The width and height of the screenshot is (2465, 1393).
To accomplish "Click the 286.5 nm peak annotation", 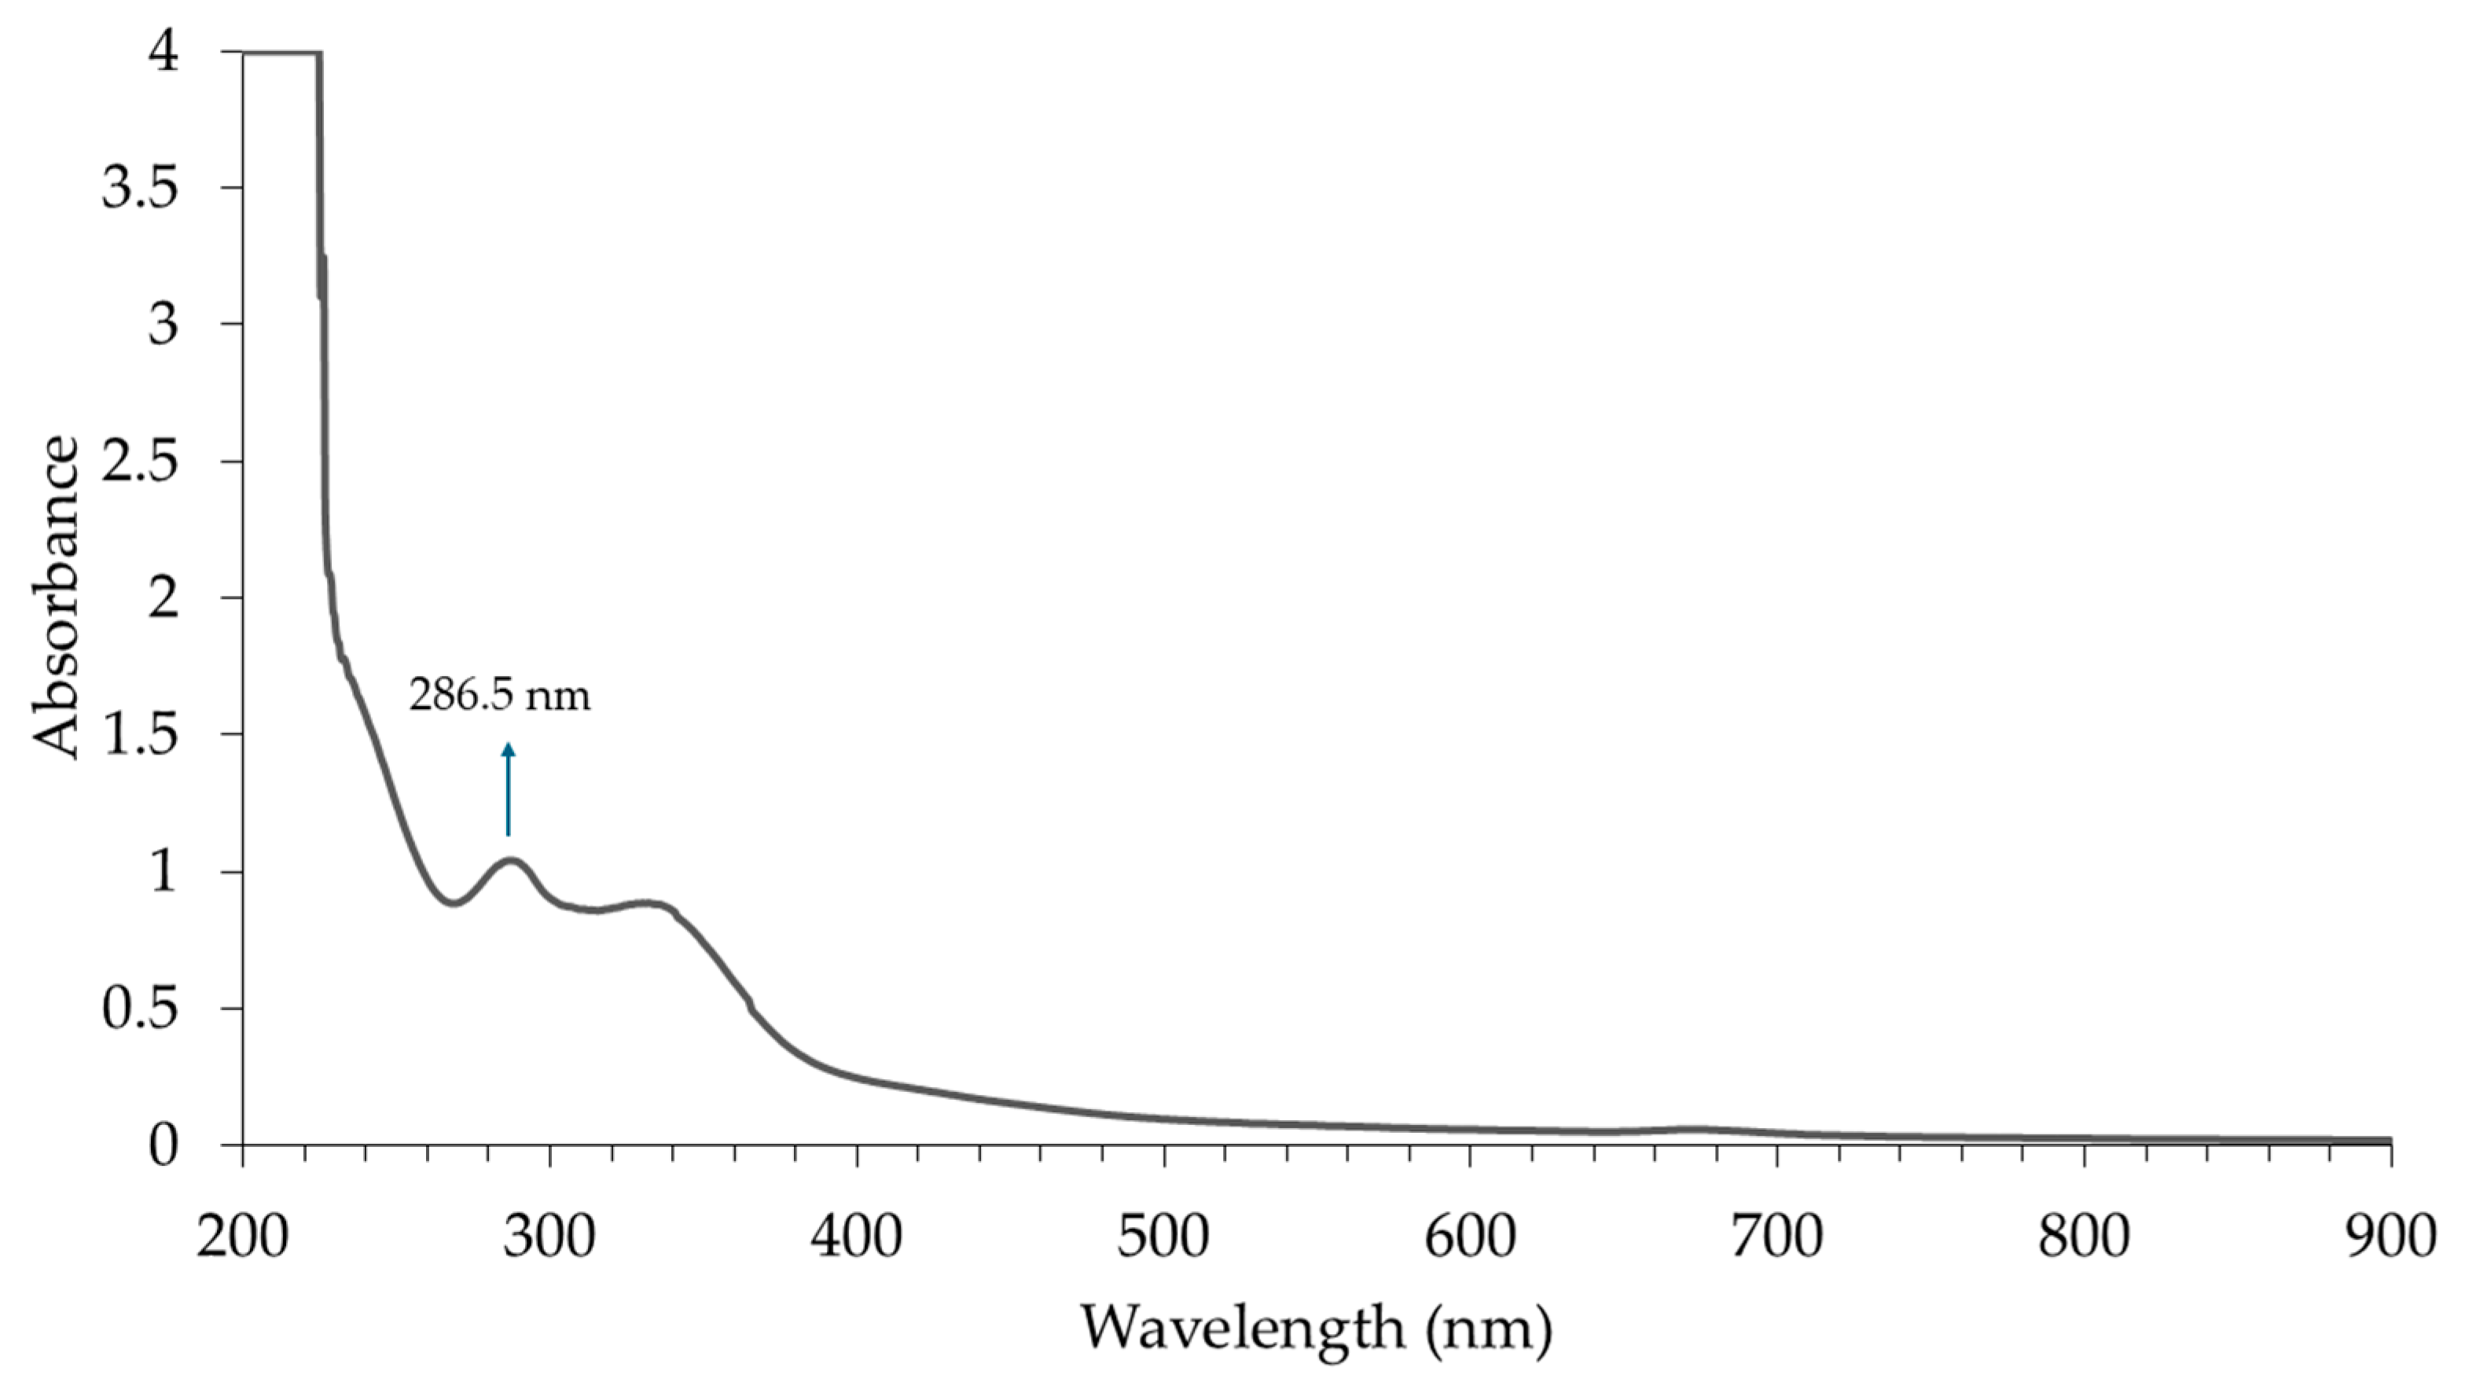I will [x=499, y=696].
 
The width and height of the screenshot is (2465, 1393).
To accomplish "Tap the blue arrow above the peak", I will [x=508, y=789].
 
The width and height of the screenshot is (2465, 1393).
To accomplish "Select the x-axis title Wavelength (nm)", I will [x=1316, y=1328].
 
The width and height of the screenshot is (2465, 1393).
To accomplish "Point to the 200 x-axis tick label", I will [x=243, y=1237].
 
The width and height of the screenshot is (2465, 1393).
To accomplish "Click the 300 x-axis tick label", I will [x=549, y=1237].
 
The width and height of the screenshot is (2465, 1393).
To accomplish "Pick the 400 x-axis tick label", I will [x=857, y=1237].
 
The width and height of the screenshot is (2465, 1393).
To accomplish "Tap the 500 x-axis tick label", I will [x=1163, y=1237].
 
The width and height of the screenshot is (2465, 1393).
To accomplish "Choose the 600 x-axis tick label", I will [x=1470, y=1237].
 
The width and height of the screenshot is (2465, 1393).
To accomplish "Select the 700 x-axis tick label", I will [x=1777, y=1237].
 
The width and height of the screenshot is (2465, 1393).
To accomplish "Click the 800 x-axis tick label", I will [x=2083, y=1237].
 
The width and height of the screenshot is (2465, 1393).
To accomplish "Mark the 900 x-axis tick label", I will [x=2390, y=1237].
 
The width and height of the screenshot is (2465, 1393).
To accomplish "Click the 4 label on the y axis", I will [x=163, y=53].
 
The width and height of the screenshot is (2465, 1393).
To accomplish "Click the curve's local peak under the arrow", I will [x=511, y=861].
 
